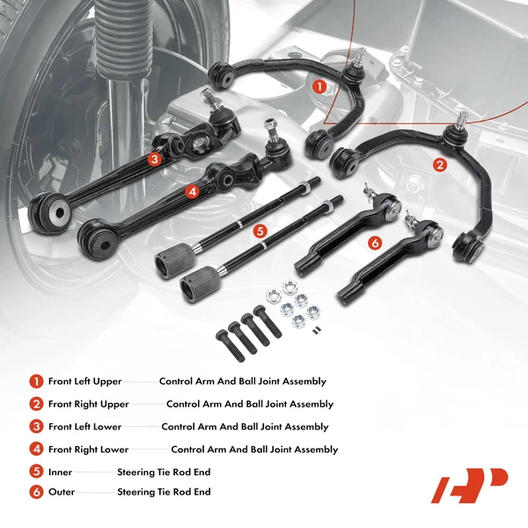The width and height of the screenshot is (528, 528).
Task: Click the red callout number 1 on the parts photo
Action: [x=319, y=86]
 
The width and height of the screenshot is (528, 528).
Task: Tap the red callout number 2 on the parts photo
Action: [x=439, y=163]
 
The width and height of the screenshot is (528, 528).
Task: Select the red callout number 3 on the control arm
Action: [x=154, y=159]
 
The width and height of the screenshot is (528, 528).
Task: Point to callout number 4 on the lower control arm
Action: [x=191, y=190]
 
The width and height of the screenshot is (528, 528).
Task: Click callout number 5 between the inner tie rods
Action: [x=259, y=231]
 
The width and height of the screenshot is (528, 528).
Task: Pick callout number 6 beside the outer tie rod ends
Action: [x=375, y=242]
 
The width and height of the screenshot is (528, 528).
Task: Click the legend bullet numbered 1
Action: [x=36, y=382]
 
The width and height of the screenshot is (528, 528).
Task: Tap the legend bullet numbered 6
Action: [x=36, y=494]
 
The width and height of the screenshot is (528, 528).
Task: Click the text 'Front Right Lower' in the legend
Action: [x=88, y=450]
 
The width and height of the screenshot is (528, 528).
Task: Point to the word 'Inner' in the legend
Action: [x=60, y=472]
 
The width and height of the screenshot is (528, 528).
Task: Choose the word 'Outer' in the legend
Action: [x=61, y=494]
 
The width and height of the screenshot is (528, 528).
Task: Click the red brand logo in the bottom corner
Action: [x=468, y=484]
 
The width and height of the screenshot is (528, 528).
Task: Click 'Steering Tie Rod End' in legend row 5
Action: [x=164, y=472]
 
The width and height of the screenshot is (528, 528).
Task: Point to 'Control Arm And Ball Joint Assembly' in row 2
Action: [x=250, y=405]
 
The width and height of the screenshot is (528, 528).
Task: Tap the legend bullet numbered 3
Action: [x=36, y=427]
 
